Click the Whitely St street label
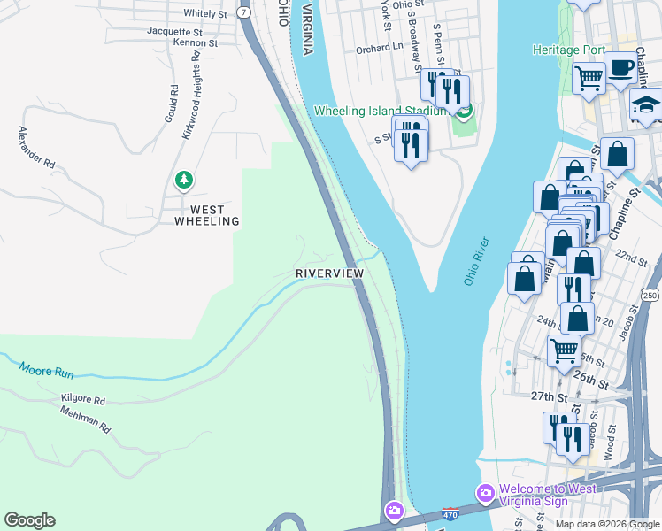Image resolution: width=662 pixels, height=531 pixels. [205, 13]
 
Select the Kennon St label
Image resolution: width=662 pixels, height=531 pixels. [195, 42]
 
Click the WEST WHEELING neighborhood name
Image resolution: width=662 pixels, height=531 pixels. [207, 215]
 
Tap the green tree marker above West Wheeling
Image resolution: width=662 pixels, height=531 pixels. [183, 181]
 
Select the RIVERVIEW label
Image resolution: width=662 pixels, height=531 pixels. [329, 274]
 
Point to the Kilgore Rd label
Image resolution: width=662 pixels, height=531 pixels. [83, 400]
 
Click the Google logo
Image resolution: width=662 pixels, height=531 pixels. [29, 520]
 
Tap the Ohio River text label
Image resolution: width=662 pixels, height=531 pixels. [475, 261]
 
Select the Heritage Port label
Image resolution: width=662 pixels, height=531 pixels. [567, 50]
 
